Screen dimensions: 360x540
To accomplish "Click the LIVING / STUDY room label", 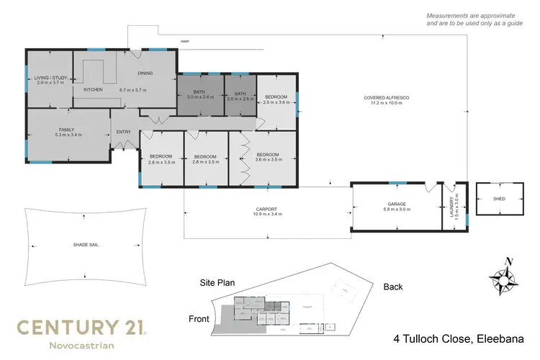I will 50,78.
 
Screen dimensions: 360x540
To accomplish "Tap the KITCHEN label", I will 93,90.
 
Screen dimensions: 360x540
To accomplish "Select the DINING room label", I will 145,73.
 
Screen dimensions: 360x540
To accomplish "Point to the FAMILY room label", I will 67,130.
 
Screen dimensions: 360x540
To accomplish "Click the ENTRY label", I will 124,132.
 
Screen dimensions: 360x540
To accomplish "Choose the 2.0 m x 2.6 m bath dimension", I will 240,99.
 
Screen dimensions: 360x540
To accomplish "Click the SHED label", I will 497,198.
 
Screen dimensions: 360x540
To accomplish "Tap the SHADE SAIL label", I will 86,245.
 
